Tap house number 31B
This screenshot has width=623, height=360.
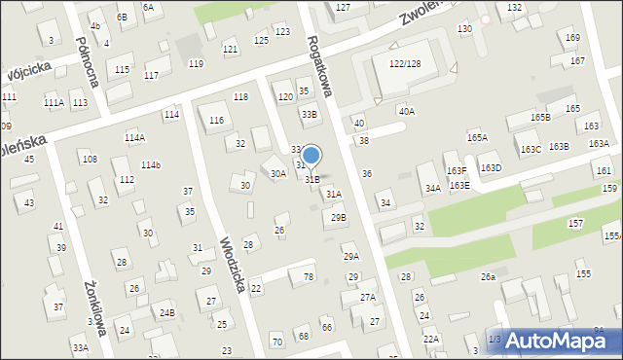(x=311, y=179)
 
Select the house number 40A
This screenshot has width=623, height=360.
(x=406, y=112)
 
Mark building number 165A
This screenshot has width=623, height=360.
(x=477, y=138)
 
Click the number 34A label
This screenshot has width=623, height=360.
(x=433, y=189)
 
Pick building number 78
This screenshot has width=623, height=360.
(x=309, y=277)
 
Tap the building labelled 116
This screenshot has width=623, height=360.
(x=216, y=120)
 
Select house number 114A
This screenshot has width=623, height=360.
(x=134, y=138)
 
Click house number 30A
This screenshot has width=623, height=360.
(x=278, y=173)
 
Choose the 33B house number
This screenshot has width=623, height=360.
(x=310, y=114)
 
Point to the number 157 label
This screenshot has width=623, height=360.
(x=576, y=224)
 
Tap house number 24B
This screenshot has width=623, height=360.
(x=167, y=312)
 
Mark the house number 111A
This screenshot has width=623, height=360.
(x=54, y=102)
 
